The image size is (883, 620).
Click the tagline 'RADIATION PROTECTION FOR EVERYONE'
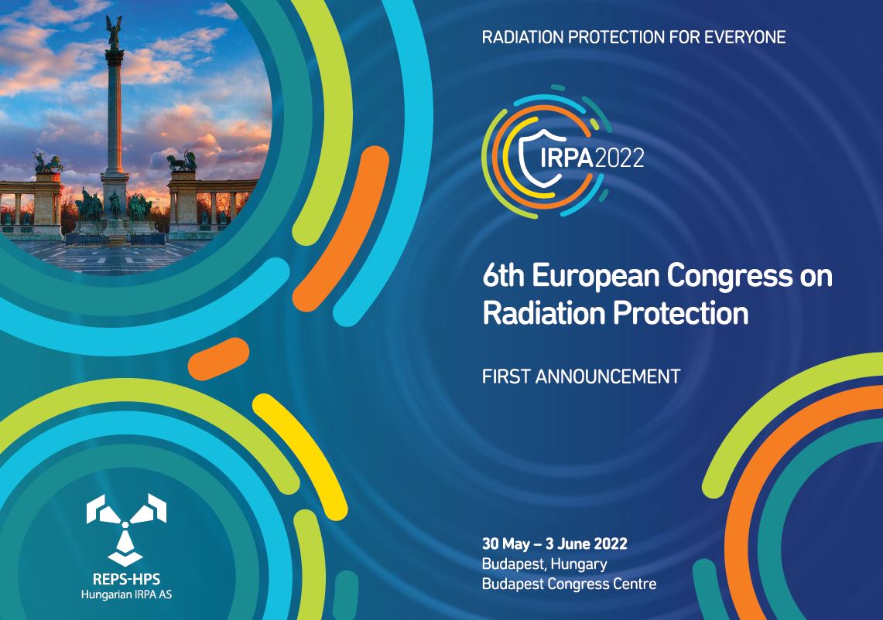(634, 37)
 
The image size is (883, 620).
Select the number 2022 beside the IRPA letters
(619, 158)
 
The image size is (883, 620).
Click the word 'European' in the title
(596, 277)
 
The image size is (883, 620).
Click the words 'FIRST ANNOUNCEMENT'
(581, 376)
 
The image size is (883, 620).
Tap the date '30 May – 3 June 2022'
(555, 544)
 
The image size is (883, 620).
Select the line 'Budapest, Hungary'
(545, 564)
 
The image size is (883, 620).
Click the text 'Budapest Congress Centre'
(570, 584)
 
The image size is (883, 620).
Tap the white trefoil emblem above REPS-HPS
(126, 530)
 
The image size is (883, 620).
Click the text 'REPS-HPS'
(126, 579)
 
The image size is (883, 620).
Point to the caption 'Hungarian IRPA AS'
(126, 594)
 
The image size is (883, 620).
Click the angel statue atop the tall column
(114, 32)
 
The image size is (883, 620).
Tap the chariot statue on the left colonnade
(47, 163)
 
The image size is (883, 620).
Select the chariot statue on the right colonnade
(182, 162)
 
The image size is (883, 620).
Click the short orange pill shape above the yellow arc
(218, 359)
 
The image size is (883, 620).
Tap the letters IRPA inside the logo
(566, 158)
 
